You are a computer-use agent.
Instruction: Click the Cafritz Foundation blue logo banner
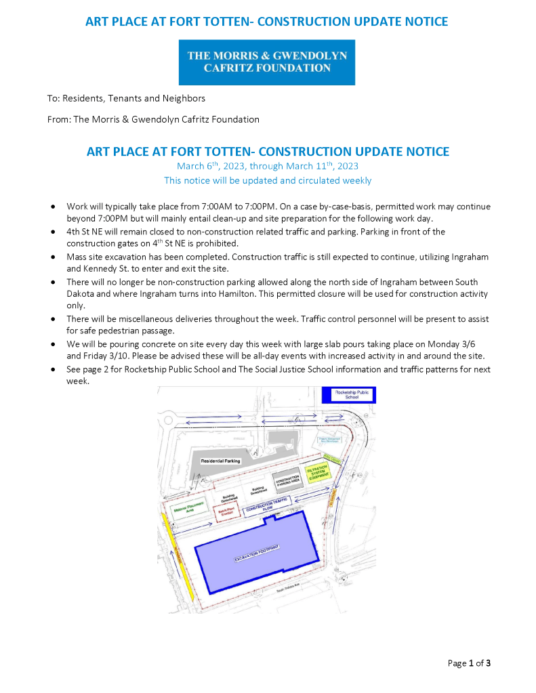pyautogui.click(x=267, y=62)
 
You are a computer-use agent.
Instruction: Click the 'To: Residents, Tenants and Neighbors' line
pyautogui.click(x=126, y=98)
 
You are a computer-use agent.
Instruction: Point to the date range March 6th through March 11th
pyautogui.click(x=267, y=166)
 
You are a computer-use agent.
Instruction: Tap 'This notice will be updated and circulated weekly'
pyautogui.click(x=267, y=180)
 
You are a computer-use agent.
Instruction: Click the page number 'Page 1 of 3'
pyautogui.click(x=469, y=663)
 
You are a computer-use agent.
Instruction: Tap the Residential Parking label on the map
pyautogui.click(x=220, y=461)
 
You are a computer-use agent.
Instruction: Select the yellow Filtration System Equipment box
pyautogui.click(x=317, y=472)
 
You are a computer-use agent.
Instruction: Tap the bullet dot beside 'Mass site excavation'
pyautogui.click(x=53, y=257)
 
